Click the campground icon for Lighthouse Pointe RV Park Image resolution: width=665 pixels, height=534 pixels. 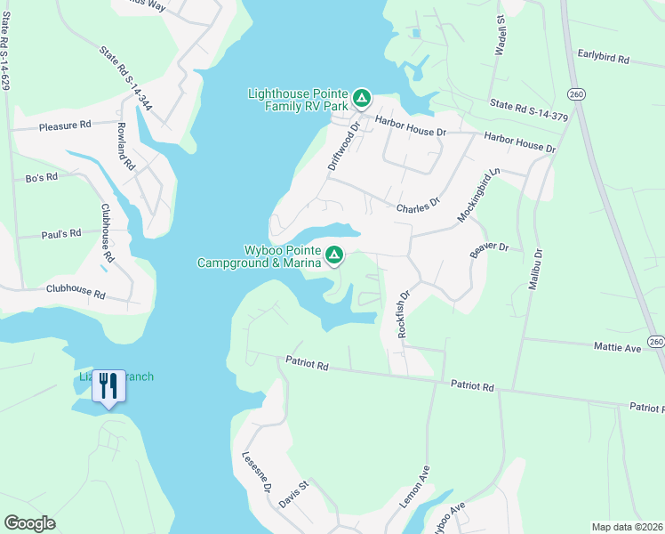[361, 97]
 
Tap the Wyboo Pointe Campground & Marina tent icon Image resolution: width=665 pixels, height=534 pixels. [334, 255]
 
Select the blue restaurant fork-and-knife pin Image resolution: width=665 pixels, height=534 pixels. [108, 386]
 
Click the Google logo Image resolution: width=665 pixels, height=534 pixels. [29, 523]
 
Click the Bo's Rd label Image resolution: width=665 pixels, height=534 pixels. [42, 177]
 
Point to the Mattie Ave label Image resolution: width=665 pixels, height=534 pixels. [618, 346]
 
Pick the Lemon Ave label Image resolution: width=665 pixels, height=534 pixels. [414, 486]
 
